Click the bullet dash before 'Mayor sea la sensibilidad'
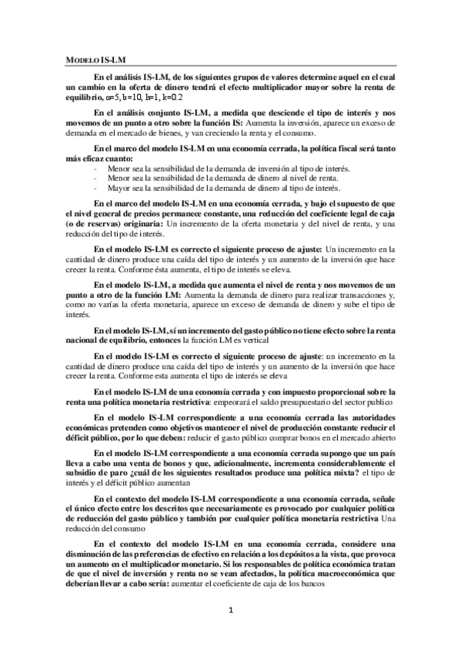pos(95,187)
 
